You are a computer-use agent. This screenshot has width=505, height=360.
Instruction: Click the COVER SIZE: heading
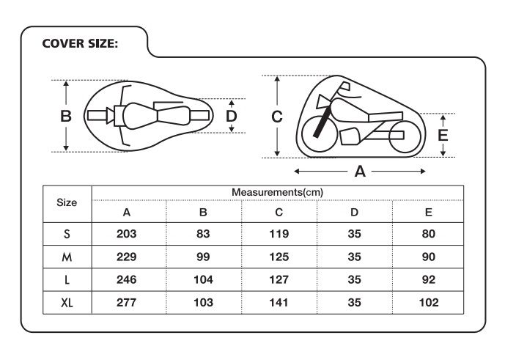click(x=80, y=43)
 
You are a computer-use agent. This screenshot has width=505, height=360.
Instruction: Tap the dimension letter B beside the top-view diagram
click(x=66, y=116)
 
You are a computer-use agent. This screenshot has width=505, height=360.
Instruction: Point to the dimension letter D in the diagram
click(x=231, y=116)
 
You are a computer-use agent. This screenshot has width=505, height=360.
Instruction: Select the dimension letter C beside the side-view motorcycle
click(x=277, y=117)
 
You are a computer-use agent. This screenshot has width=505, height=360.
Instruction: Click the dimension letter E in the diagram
click(x=443, y=135)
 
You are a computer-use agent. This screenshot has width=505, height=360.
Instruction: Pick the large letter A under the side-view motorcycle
click(x=360, y=171)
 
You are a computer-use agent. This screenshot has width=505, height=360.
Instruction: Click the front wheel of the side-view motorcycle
click(x=320, y=133)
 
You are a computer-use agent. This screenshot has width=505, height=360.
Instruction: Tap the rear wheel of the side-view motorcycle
click(x=405, y=136)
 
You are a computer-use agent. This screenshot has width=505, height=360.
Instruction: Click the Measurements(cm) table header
click(x=277, y=192)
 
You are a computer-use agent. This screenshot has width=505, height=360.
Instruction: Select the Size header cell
click(x=67, y=202)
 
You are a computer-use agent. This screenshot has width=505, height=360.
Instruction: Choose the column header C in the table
click(x=279, y=212)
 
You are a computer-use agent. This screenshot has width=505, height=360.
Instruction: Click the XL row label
click(x=67, y=303)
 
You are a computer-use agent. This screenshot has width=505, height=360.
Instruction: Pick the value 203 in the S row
click(x=127, y=234)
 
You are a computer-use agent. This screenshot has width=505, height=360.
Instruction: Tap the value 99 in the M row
click(x=203, y=257)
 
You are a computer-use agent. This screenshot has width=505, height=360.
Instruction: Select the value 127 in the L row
click(x=279, y=279)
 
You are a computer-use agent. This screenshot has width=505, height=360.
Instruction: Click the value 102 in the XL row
click(x=429, y=303)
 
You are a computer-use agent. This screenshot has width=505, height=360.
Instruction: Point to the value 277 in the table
click(x=127, y=303)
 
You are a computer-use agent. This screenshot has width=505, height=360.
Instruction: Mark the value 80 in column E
click(x=429, y=234)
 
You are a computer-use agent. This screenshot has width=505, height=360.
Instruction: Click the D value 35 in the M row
click(x=354, y=257)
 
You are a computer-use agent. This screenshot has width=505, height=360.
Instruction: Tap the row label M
click(x=67, y=257)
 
